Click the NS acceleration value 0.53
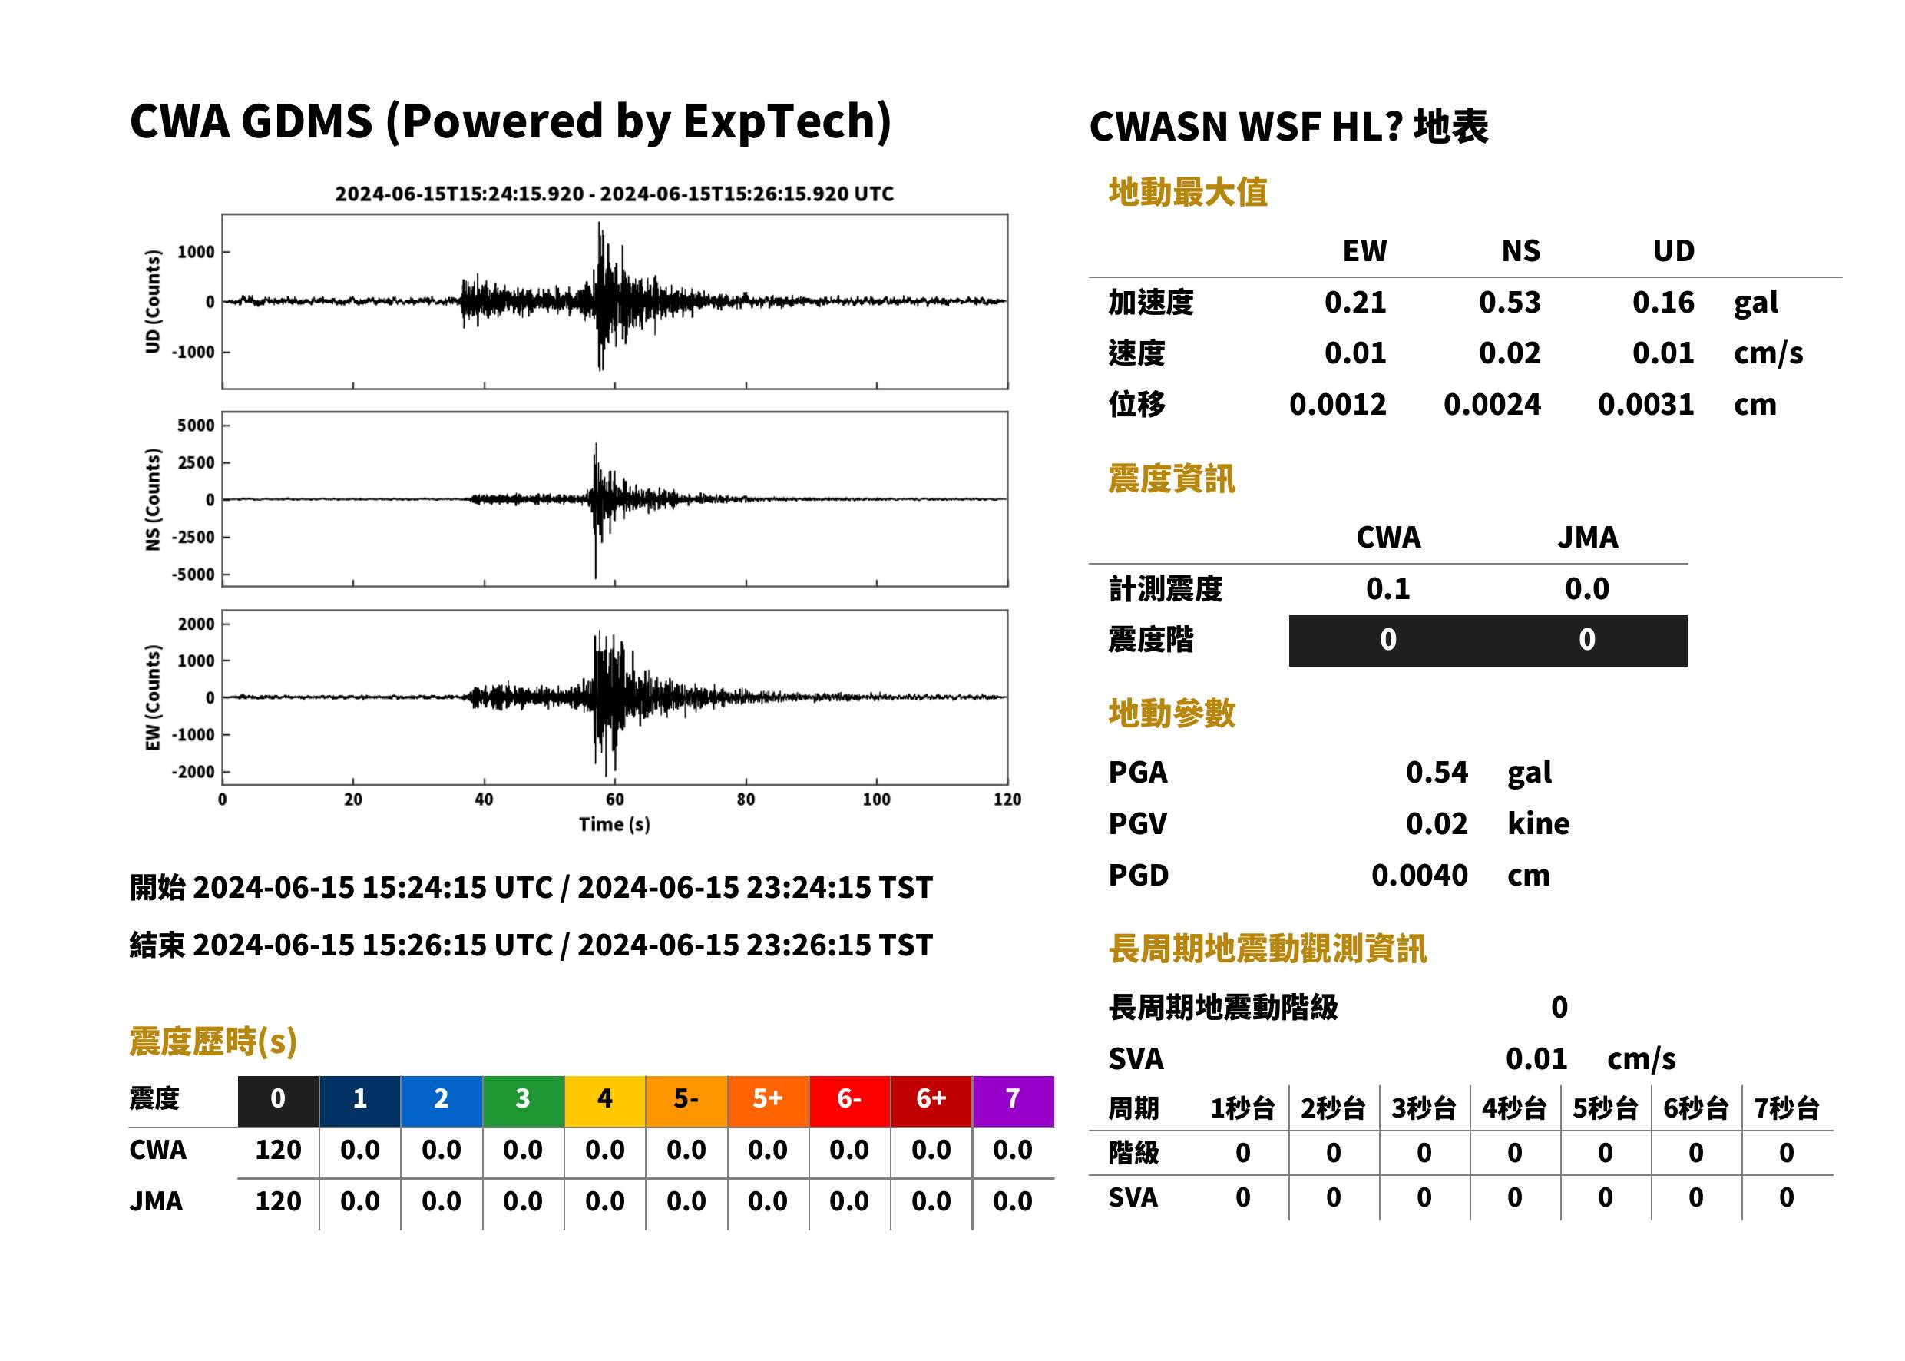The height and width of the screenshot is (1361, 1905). (x=1509, y=303)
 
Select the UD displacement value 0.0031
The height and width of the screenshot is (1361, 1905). (x=1645, y=405)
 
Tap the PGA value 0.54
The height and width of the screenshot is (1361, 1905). (x=1437, y=772)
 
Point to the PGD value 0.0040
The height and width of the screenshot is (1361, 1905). (x=1419, y=875)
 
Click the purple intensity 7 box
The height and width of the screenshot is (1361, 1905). (x=1013, y=1098)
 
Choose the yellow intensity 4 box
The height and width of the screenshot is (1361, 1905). (x=605, y=1098)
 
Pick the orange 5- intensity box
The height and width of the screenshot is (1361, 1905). (x=686, y=1098)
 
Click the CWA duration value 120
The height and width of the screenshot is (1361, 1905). (x=278, y=1150)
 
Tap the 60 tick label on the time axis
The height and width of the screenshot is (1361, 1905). (x=614, y=800)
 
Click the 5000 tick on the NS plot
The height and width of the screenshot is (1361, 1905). (x=196, y=426)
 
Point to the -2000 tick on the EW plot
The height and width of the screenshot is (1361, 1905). (x=193, y=772)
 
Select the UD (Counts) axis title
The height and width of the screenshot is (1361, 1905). (x=153, y=301)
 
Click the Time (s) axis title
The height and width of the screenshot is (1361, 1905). (x=614, y=825)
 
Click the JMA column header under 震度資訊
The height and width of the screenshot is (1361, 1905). (x=1588, y=537)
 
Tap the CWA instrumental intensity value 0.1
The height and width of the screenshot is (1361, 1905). (x=1387, y=589)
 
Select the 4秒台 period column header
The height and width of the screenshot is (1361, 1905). (x=1513, y=1109)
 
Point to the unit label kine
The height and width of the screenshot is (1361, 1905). (x=1538, y=824)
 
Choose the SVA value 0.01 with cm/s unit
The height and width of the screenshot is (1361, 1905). (x=1536, y=1059)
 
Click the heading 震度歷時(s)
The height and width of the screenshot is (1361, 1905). (x=213, y=1041)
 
